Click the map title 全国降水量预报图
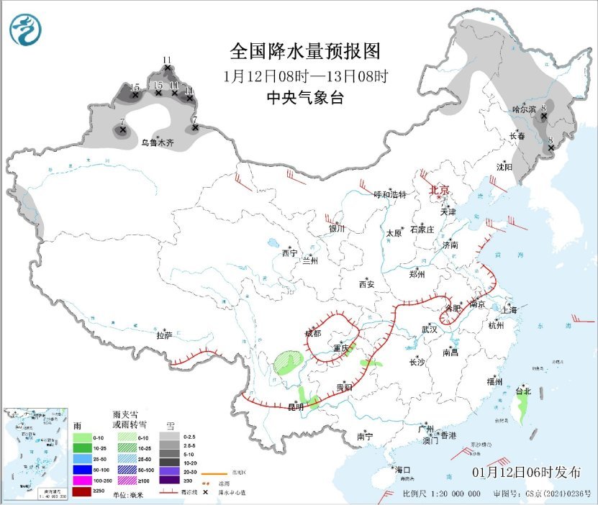304,52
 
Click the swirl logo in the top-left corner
26,29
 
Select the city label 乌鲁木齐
157,143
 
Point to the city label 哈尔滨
525,109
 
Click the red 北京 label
440,190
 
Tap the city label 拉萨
164,335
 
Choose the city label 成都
313,333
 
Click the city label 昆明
296,407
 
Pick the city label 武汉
430,329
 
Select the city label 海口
402,470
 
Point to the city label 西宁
289,253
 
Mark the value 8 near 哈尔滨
544,108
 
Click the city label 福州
494,381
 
